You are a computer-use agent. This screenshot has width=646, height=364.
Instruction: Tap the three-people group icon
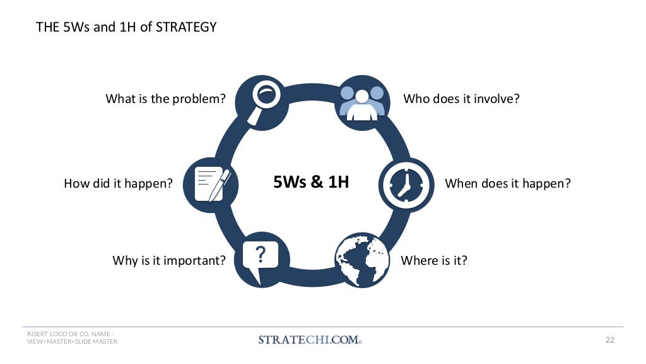362,102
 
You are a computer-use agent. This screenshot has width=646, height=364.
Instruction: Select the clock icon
406,184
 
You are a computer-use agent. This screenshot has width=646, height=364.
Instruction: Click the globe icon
361,260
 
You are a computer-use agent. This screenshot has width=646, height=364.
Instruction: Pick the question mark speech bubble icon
261,260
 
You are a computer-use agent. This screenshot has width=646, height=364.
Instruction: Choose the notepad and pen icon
211,184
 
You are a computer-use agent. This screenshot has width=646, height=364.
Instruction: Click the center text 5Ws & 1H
311,183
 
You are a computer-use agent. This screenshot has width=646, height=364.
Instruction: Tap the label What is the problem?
165,99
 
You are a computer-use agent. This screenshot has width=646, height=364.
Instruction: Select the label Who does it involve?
461,99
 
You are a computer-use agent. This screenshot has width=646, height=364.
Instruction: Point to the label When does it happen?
507,184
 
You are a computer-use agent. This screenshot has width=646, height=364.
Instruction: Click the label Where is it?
434,260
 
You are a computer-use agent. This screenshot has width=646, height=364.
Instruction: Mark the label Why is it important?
169,260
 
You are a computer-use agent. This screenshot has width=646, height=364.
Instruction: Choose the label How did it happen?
118,184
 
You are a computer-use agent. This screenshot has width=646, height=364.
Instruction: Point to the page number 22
609,340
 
